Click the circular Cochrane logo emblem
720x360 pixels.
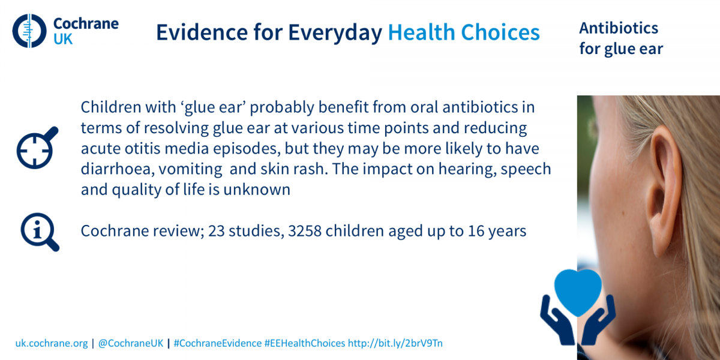[29, 31]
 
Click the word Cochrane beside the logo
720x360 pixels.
[86, 23]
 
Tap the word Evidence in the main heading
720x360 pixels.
[202, 32]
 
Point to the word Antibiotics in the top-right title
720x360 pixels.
[619, 28]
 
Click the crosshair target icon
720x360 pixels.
[37, 148]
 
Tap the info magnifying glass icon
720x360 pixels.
[40, 232]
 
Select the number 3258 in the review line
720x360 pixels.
[305, 231]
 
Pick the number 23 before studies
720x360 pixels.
[217, 231]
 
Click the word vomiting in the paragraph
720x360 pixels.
[190, 169]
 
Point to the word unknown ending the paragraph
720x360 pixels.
[257, 190]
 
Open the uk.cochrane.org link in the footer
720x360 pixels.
[52, 343]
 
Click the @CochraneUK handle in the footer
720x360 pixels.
[131, 343]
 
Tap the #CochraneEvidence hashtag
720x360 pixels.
[218, 343]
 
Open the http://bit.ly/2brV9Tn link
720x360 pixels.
[395, 343]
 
